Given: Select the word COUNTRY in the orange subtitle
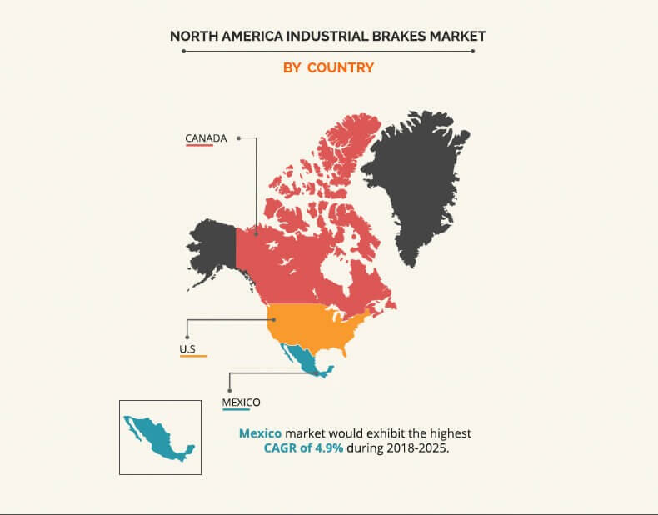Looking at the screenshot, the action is [x=341, y=67].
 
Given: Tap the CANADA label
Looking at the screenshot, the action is [x=206, y=138].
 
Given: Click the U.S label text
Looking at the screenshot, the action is [x=187, y=349].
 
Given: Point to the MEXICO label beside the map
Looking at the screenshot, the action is [x=241, y=402].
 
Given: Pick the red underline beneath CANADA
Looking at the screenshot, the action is [x=199, y=145].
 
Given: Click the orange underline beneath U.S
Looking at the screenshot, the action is [x=193, y=356].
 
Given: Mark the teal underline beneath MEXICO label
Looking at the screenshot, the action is [x=236, y=409].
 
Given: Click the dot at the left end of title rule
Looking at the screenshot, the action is [x=184, y=51].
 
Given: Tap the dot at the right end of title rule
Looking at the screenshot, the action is [x=473, y=51].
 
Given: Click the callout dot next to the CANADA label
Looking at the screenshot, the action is [x=238, y=137].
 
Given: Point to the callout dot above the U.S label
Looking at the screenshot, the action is [x=187, y=337].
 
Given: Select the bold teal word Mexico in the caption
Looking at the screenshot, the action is [x=260, y=433].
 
